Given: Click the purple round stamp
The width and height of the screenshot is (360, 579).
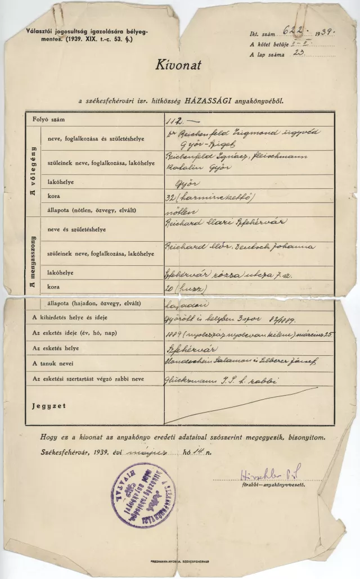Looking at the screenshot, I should tap(143, 495).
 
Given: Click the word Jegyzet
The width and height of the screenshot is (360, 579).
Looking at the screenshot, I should tap(49, 405).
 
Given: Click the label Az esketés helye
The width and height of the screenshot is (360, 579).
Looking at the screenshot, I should tap(61, 349).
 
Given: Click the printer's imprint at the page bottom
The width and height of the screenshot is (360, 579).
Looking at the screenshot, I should tap(180, 562).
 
